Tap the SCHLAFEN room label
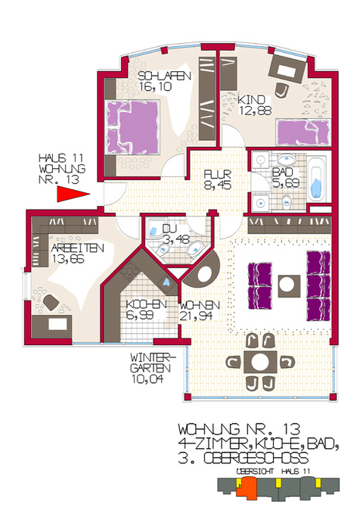164,76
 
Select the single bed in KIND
302,133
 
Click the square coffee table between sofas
287,283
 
